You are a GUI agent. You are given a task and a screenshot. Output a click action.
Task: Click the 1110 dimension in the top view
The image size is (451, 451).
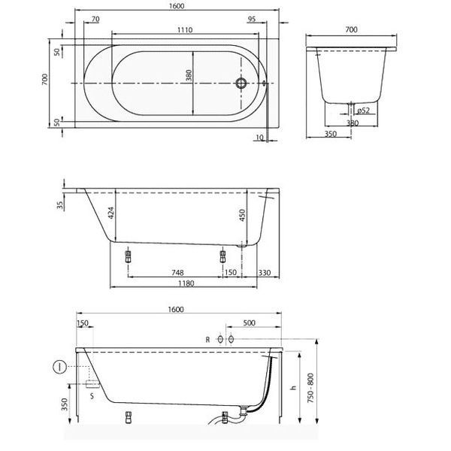pos(185,29)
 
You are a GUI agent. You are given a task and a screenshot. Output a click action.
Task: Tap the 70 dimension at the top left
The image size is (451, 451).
pos(95,19)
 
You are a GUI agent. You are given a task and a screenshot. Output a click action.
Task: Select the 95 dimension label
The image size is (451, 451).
pos(251,19)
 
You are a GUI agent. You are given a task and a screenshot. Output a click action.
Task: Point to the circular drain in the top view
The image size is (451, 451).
pos(241,83)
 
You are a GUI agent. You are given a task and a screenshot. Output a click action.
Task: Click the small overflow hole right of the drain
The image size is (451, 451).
pos(265,83)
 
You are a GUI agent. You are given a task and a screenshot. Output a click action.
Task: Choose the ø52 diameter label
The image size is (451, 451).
pos(363,110)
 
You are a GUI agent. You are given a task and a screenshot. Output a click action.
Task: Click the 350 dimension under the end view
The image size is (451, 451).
pos(331,134)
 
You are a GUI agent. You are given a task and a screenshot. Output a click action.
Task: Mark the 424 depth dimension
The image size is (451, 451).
pos(111,213)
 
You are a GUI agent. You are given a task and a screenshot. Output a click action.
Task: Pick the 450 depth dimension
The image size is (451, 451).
pos(242,215)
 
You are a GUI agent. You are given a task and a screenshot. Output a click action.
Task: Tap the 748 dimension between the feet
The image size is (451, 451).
pos(177,272)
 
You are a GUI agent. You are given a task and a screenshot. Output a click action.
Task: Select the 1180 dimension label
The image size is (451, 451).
pos(186,283)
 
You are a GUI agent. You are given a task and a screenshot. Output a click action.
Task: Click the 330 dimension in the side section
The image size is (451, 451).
pos(265,272)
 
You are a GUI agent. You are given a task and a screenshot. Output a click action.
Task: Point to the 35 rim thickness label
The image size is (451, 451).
pos(60,205)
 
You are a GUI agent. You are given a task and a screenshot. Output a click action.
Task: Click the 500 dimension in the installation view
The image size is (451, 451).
pos(249,322)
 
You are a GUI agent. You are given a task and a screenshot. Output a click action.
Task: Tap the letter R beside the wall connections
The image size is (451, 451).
pos(207,340)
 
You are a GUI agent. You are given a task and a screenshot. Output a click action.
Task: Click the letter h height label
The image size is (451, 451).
pos(293,388)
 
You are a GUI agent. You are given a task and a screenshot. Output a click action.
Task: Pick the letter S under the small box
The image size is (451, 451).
pos(92,396)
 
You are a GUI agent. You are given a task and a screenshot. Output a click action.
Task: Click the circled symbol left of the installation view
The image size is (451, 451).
pos(60,367)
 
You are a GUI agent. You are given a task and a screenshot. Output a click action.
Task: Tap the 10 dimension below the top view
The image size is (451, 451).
pos(259,138)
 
